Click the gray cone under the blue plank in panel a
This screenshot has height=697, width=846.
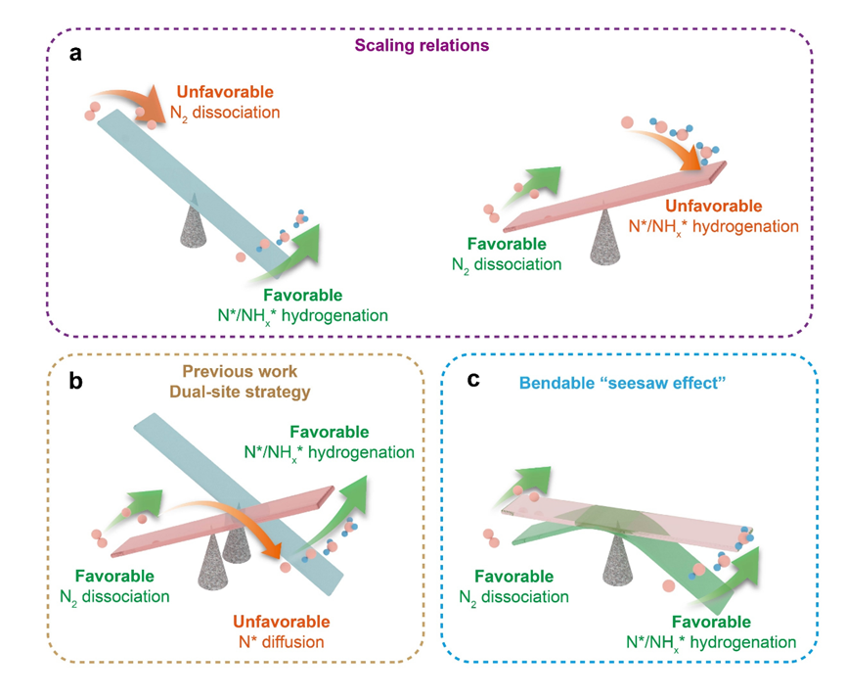[x=195, y=224]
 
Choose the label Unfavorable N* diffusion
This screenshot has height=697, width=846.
[x=281, y=632]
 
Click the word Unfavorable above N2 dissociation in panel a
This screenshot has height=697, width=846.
[x=212, y=94]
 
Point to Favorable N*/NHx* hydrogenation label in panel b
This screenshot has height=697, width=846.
[x=328, y=442]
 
